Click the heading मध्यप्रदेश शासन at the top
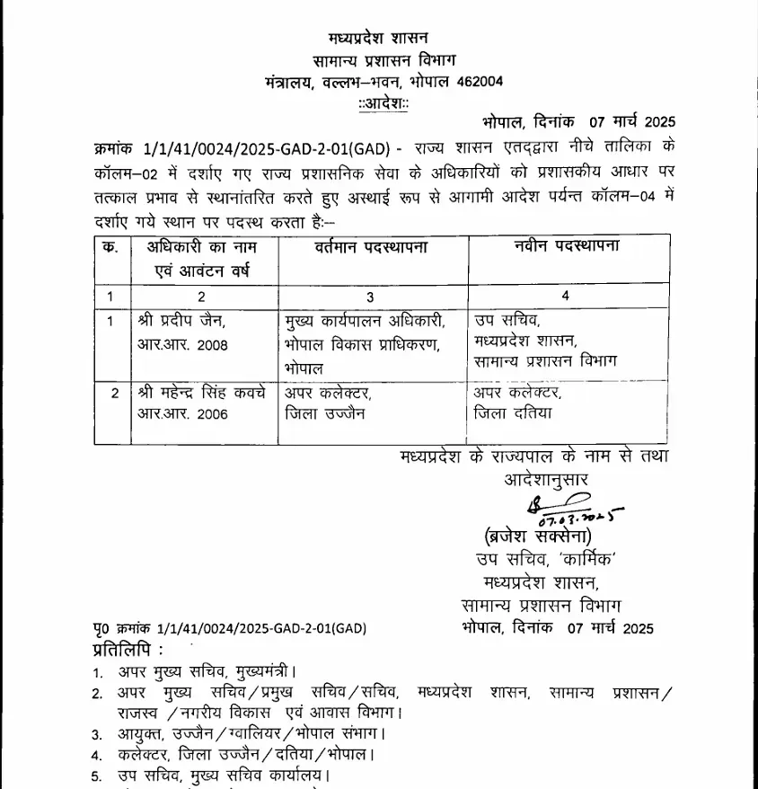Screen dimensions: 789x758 coord(378,38)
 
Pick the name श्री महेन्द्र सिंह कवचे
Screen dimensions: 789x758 coord(200,392)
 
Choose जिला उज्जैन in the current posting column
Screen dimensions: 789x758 coord(325,413)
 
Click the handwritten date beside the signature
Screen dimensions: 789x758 coord(579,517)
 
